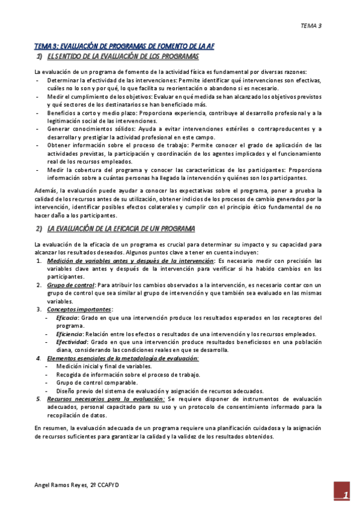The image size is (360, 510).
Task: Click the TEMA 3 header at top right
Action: click(311, 25)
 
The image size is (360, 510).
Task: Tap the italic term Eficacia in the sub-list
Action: click(66, 318)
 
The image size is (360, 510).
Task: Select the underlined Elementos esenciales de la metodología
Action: click(123, 358)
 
